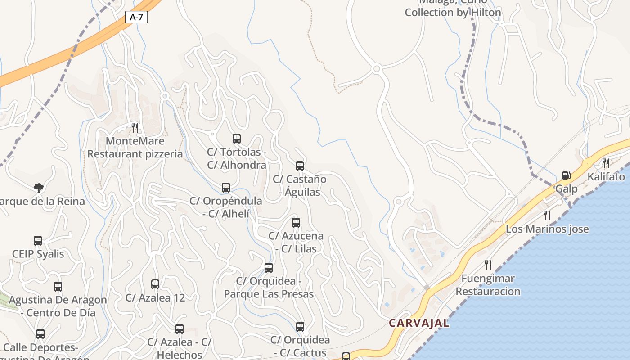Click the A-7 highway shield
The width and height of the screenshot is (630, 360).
coord(136,17)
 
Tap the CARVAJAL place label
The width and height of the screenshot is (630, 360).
coord(419,323)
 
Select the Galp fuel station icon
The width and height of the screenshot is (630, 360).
coord(566,175)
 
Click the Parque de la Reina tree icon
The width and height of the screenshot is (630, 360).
coord(39,188)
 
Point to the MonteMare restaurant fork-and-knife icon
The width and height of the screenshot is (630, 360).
coord(135,127)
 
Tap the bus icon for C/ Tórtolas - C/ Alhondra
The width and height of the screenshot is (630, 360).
coord(237,139)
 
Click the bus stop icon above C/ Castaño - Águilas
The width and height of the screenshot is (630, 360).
coord(300,166)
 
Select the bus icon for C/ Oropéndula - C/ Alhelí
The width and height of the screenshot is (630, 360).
coord(226,188)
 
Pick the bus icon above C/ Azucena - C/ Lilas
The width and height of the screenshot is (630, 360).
coord(296,223)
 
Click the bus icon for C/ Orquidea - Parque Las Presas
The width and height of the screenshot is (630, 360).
coord(269,268)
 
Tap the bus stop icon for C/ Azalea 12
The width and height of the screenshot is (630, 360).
coord(155,284)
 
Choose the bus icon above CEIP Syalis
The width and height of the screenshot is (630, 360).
coord(38,241)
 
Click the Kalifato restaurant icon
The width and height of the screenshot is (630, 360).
coord(606,163)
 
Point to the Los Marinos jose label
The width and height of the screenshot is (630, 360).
coord(547,229)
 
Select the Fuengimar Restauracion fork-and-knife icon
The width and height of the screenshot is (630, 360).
coord(488,265)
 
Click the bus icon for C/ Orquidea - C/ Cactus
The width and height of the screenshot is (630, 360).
coord(300,327)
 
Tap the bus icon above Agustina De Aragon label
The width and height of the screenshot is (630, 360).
coord(58,287)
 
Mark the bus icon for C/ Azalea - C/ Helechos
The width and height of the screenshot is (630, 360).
coord(180,329)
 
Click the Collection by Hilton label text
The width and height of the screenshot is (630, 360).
coord(453,13)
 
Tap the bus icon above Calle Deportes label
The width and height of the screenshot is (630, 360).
coord(40,334)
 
